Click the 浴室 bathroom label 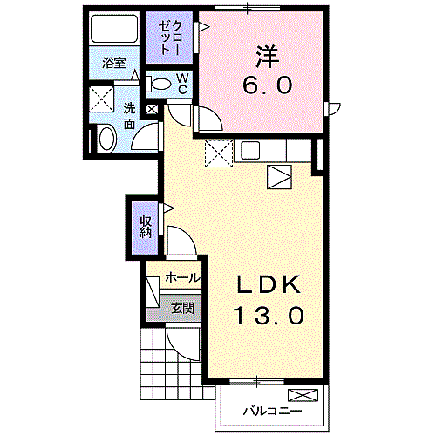[x=114, y=63]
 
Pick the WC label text [x=183, y=84]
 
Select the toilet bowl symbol [x=160, y=85]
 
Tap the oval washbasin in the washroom [x=106, y=138]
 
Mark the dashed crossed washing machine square [x=103, y=98]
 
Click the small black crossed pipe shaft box [x=151, y=111]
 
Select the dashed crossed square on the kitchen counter [x=217, y=153]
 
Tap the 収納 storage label [x=146, y=228]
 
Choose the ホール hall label [x=182, y=277]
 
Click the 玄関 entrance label [x=182, y=307]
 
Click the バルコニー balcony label [x=272, y=409]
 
